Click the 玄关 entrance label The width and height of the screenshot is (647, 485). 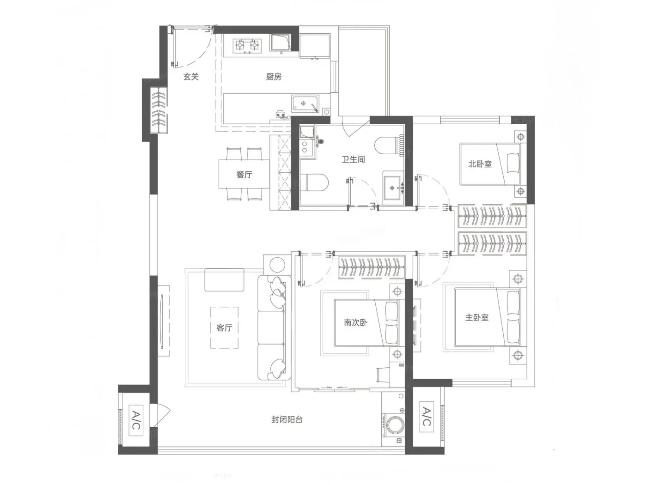[x=191, y=77]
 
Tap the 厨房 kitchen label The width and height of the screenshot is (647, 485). [x=274, y=77]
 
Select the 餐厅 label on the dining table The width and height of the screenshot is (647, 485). [x=244, y=175]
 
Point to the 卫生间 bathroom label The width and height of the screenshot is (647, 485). [x=353, y=160]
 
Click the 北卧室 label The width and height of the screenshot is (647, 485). [x=480, y=164]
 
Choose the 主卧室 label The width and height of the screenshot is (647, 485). [x=476, y=317]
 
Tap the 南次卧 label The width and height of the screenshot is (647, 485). [x=355, y=322]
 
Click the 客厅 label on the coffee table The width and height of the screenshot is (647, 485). [x=224, y=328]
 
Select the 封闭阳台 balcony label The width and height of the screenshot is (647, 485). [x=287, y=419]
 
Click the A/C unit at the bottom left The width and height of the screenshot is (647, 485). [x=136, y=420]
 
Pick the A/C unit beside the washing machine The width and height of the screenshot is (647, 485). [x=427, y=416]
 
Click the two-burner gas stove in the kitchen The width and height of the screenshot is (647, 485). [x=247, y=46]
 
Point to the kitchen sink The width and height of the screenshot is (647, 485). [x=305, y=103]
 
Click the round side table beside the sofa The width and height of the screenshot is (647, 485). [x=277, y=264]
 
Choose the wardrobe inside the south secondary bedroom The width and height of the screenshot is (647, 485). [x=371, y=267]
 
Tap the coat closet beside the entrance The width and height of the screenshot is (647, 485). [x=159, y=110]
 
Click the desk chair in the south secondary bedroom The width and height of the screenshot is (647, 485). [x=383, y=375]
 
